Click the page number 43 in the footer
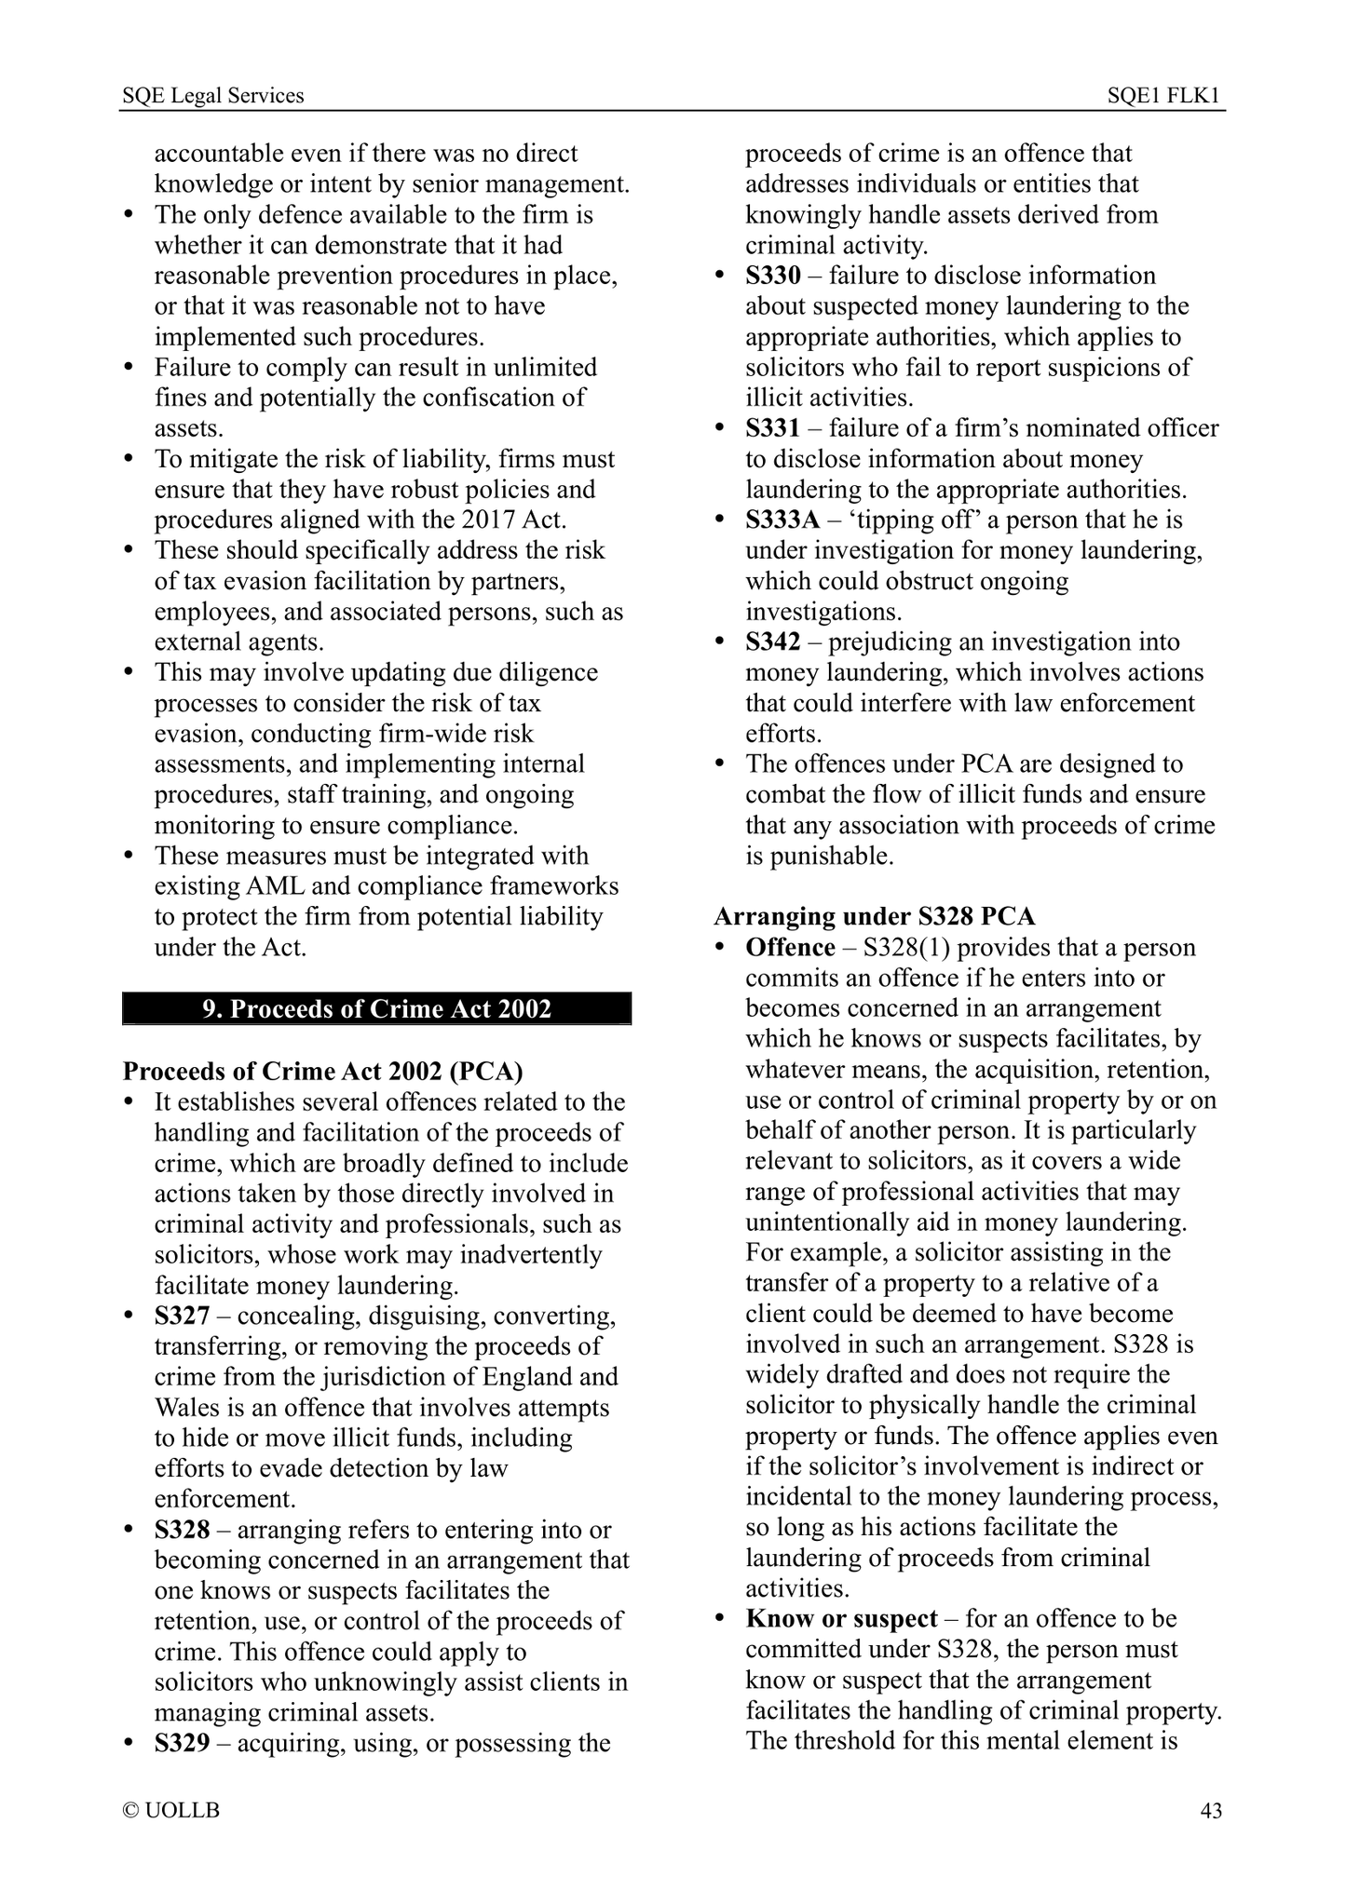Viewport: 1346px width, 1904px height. point(1210,1811)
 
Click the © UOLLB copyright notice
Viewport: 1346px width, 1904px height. point(171,1811)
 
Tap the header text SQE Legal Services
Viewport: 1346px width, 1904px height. point(213,96)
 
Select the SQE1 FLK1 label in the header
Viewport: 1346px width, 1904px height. point(1164,96)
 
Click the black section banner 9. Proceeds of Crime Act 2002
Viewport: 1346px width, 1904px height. point(376,1009)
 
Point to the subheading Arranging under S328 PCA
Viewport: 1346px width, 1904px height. point(874,917)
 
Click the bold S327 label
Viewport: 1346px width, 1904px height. point(182,1317)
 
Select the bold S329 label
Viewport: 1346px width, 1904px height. point(182,1744)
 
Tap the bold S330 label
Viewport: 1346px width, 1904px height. point(772,277)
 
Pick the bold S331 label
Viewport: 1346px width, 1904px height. point(772,429)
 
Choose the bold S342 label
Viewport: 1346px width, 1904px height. point(772,642)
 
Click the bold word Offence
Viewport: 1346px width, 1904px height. point(790,948)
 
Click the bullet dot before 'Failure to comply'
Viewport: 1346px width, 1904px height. point(130,369)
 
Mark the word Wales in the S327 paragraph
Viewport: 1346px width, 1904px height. point(187,1408)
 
